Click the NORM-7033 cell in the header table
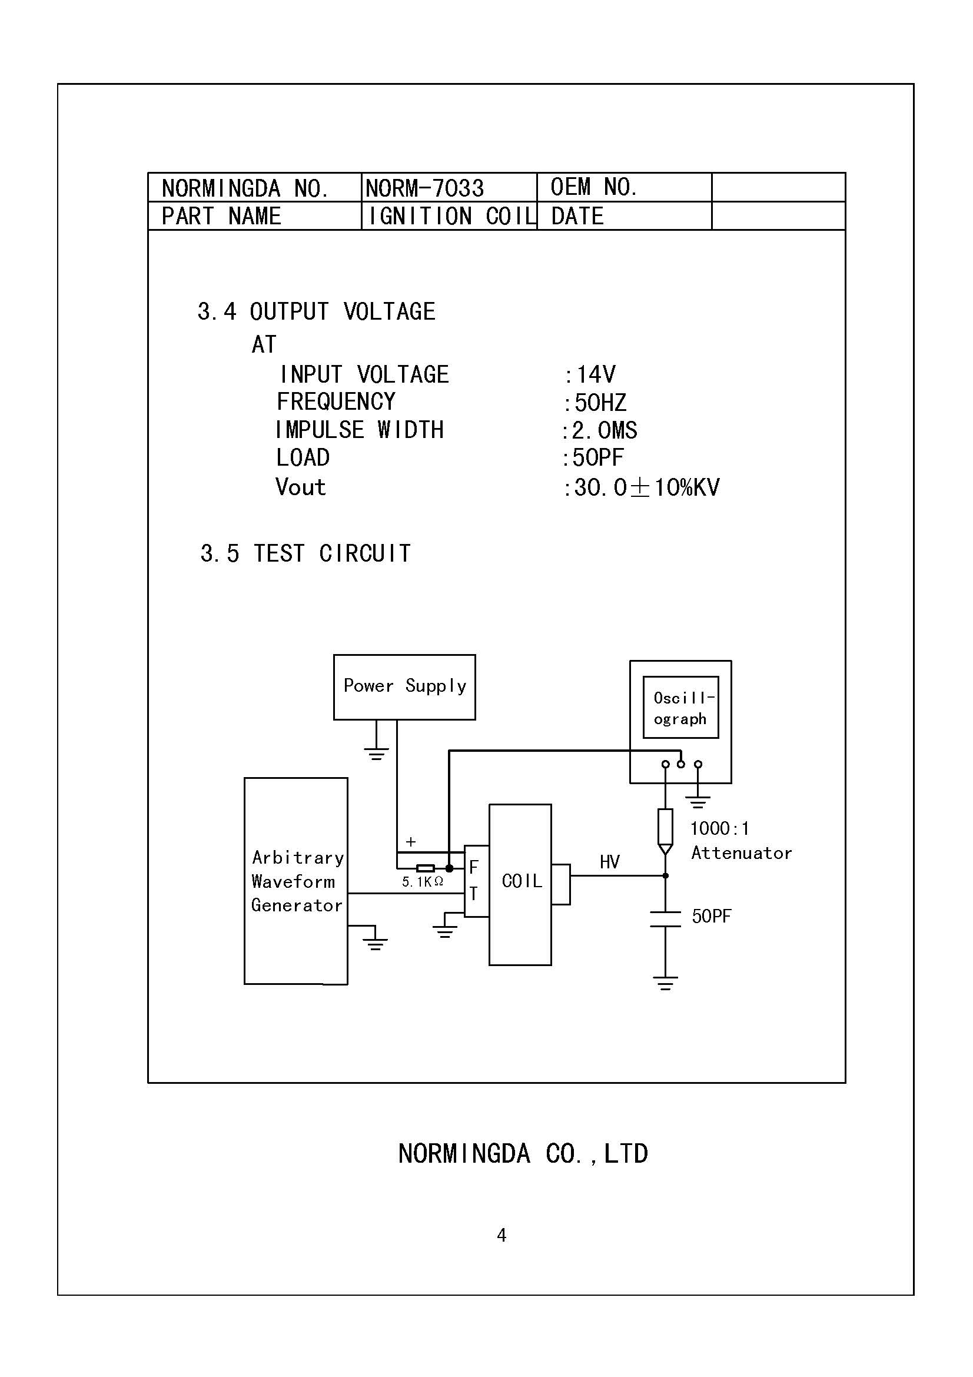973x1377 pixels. click(x=424, y=188)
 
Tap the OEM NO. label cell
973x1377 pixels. click(x=593, y=187)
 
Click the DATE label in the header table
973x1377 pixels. click(x=577, y=217)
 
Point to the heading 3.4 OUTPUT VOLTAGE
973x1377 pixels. click(x=316, y=312)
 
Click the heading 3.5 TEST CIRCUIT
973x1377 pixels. click(x=305, y=553)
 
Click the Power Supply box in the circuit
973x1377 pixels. click(x=404, y=686)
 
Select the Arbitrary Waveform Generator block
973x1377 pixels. click(x=296, y=882)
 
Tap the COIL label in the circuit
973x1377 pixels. click(x=522, y=881)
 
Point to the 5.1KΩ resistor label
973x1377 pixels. click(x=423, y=882)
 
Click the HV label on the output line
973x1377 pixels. click(x=610, y=862)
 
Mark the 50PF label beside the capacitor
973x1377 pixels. click(x=712, y=917)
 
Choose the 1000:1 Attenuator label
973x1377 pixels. click(x=740, y=841)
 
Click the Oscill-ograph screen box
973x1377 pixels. click(x=680, y=708)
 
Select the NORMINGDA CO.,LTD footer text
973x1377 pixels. click(x=523, y=1154)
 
